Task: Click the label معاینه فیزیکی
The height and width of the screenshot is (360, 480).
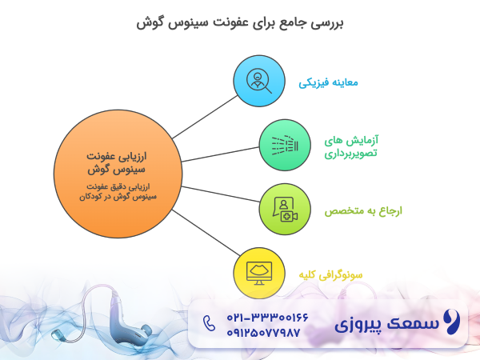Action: pos(328,82)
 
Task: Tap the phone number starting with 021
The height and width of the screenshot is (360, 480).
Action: pos(252,317)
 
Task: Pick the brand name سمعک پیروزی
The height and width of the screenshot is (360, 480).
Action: pos(387,325)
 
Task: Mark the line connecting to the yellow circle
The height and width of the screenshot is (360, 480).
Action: pos(204,231)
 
